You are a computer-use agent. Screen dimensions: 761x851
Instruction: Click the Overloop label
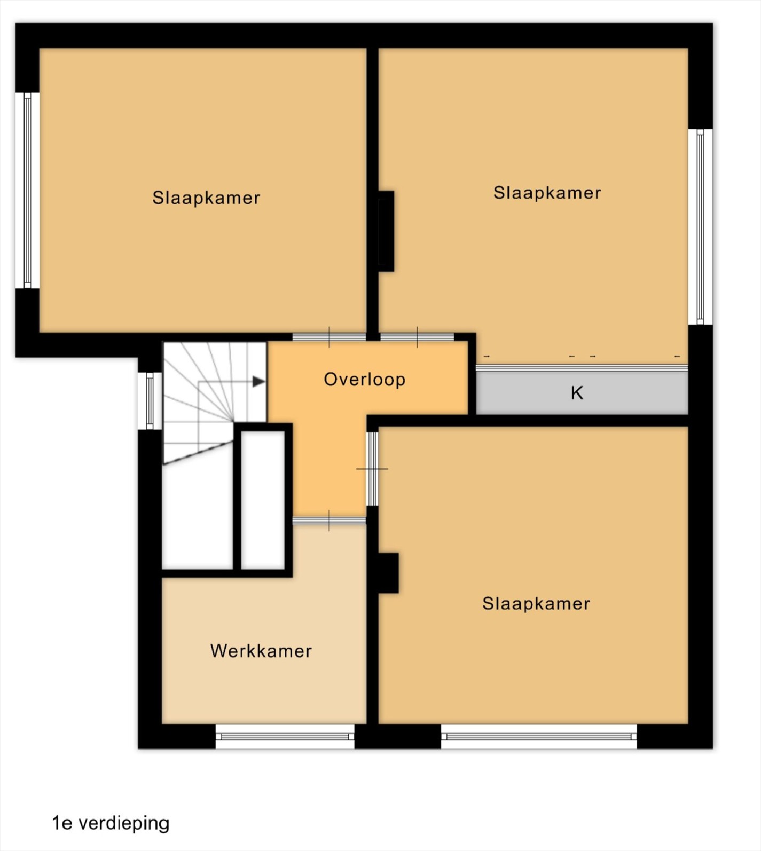tap(365, 380)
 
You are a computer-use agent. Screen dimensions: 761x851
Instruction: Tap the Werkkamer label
tap(261, 651)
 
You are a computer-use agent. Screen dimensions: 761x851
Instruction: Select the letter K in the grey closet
tap(577, 393)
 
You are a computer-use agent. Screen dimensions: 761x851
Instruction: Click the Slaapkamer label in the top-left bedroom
tap(206, 198)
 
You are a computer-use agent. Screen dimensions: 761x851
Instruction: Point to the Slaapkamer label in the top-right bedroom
tap(547, 193)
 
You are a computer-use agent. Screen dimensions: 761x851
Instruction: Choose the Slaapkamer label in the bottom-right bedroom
tap(536, 604)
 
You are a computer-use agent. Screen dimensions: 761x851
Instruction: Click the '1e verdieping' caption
tap(111, 823)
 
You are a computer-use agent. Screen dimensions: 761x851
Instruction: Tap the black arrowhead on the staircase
tap(259, 381)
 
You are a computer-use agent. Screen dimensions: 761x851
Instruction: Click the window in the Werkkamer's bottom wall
tap(285, 737)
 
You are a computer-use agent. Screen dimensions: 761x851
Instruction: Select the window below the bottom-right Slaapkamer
tap(539, 737)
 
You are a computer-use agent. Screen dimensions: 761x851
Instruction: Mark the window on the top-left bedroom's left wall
tap(27, 191)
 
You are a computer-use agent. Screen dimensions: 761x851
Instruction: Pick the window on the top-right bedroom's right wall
tap(700, 227)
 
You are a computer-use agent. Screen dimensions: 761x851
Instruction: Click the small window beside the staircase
tap(150, 401)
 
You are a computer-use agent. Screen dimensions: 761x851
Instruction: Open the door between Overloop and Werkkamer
tap(329, 521)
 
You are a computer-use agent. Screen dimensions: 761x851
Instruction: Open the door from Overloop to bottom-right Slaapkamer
tap(372, 469)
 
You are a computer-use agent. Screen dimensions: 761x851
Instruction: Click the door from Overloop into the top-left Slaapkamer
tap(329, 337)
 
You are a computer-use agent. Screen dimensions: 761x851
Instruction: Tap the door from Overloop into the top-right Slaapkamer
tap(417, 337)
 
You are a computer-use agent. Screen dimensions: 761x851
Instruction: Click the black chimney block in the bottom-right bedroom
tap(388, 573)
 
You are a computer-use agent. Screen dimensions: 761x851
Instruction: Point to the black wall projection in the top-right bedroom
tap(386, 231)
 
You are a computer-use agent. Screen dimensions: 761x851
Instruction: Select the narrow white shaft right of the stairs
tap(263, 500)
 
